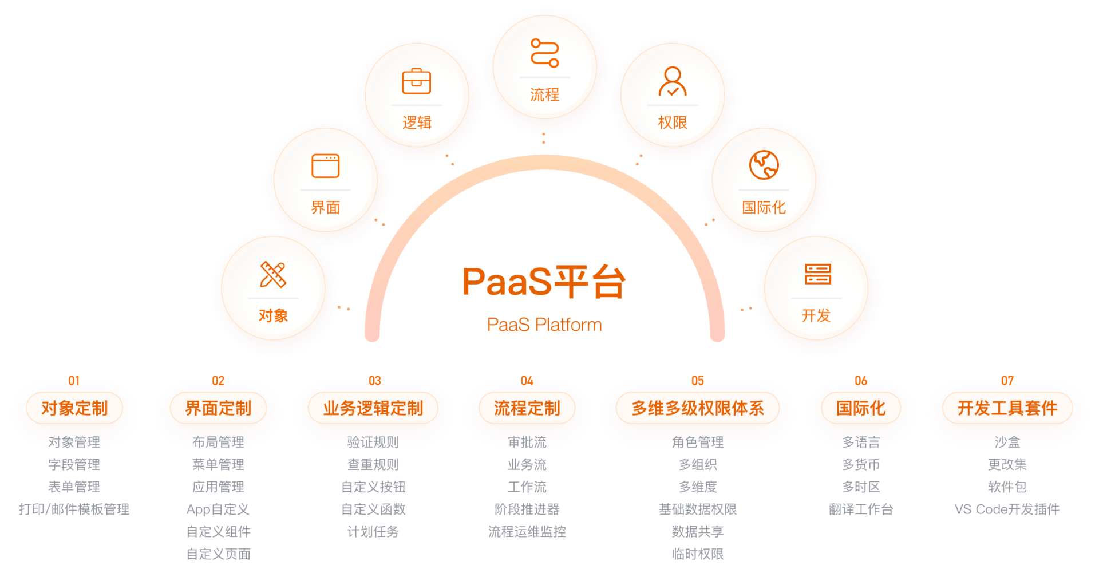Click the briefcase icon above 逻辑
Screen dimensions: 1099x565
coord(416,81)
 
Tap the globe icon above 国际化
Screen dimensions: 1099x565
coord(764,165)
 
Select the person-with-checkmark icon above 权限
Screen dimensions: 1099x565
coord(673,81)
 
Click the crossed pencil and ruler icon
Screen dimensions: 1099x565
coord(273,274)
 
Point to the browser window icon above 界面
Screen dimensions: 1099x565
coord(325,166)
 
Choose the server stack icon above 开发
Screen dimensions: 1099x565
coord(817,274)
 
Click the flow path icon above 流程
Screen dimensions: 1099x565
coord(544,53)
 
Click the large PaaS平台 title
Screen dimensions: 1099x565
coord(544,282)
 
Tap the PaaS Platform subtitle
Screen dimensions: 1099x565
coord(544,325)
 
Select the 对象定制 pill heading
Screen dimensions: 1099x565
coord(74,408)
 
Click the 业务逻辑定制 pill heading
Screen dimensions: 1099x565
coord(373,408)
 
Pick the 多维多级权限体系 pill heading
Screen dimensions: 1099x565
coord(698,408)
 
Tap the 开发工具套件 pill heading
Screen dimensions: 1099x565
coord(1007,408)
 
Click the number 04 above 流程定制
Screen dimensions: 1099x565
coord(527,381)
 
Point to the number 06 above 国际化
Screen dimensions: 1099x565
coord(861,381)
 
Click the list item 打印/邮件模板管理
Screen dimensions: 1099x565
coord(74,509)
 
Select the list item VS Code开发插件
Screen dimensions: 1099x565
coord(1007,509)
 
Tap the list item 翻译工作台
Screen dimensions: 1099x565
coord(861,509)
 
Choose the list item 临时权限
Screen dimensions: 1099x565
coord(698,554)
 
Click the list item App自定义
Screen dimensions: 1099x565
coord(218,509)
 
